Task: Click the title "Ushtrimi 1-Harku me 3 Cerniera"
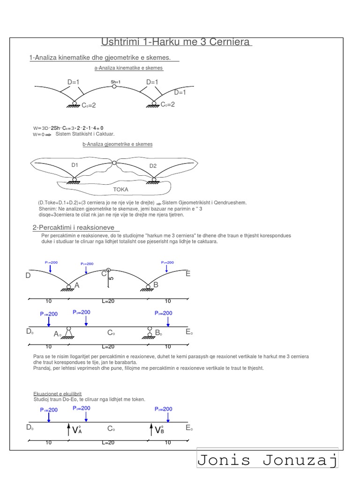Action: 176,43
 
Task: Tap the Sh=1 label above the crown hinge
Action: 116,82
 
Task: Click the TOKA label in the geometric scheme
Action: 120,190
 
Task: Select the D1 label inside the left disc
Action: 75,165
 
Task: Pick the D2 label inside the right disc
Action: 153,166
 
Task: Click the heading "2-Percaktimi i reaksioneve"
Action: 74,227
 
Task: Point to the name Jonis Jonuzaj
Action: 267,460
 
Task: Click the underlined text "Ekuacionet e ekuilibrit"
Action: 57,394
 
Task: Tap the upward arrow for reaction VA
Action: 68,429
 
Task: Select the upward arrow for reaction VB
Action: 150,429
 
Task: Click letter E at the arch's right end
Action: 188,274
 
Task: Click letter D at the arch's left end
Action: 28,276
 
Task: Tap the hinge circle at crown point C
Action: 108,270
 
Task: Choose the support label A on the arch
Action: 77,285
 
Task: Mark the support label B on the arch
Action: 156,285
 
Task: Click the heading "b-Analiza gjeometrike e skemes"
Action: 117,144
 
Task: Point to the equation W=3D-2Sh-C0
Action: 68,128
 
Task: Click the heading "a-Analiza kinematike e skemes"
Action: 128,68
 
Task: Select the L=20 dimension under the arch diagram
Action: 108,301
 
